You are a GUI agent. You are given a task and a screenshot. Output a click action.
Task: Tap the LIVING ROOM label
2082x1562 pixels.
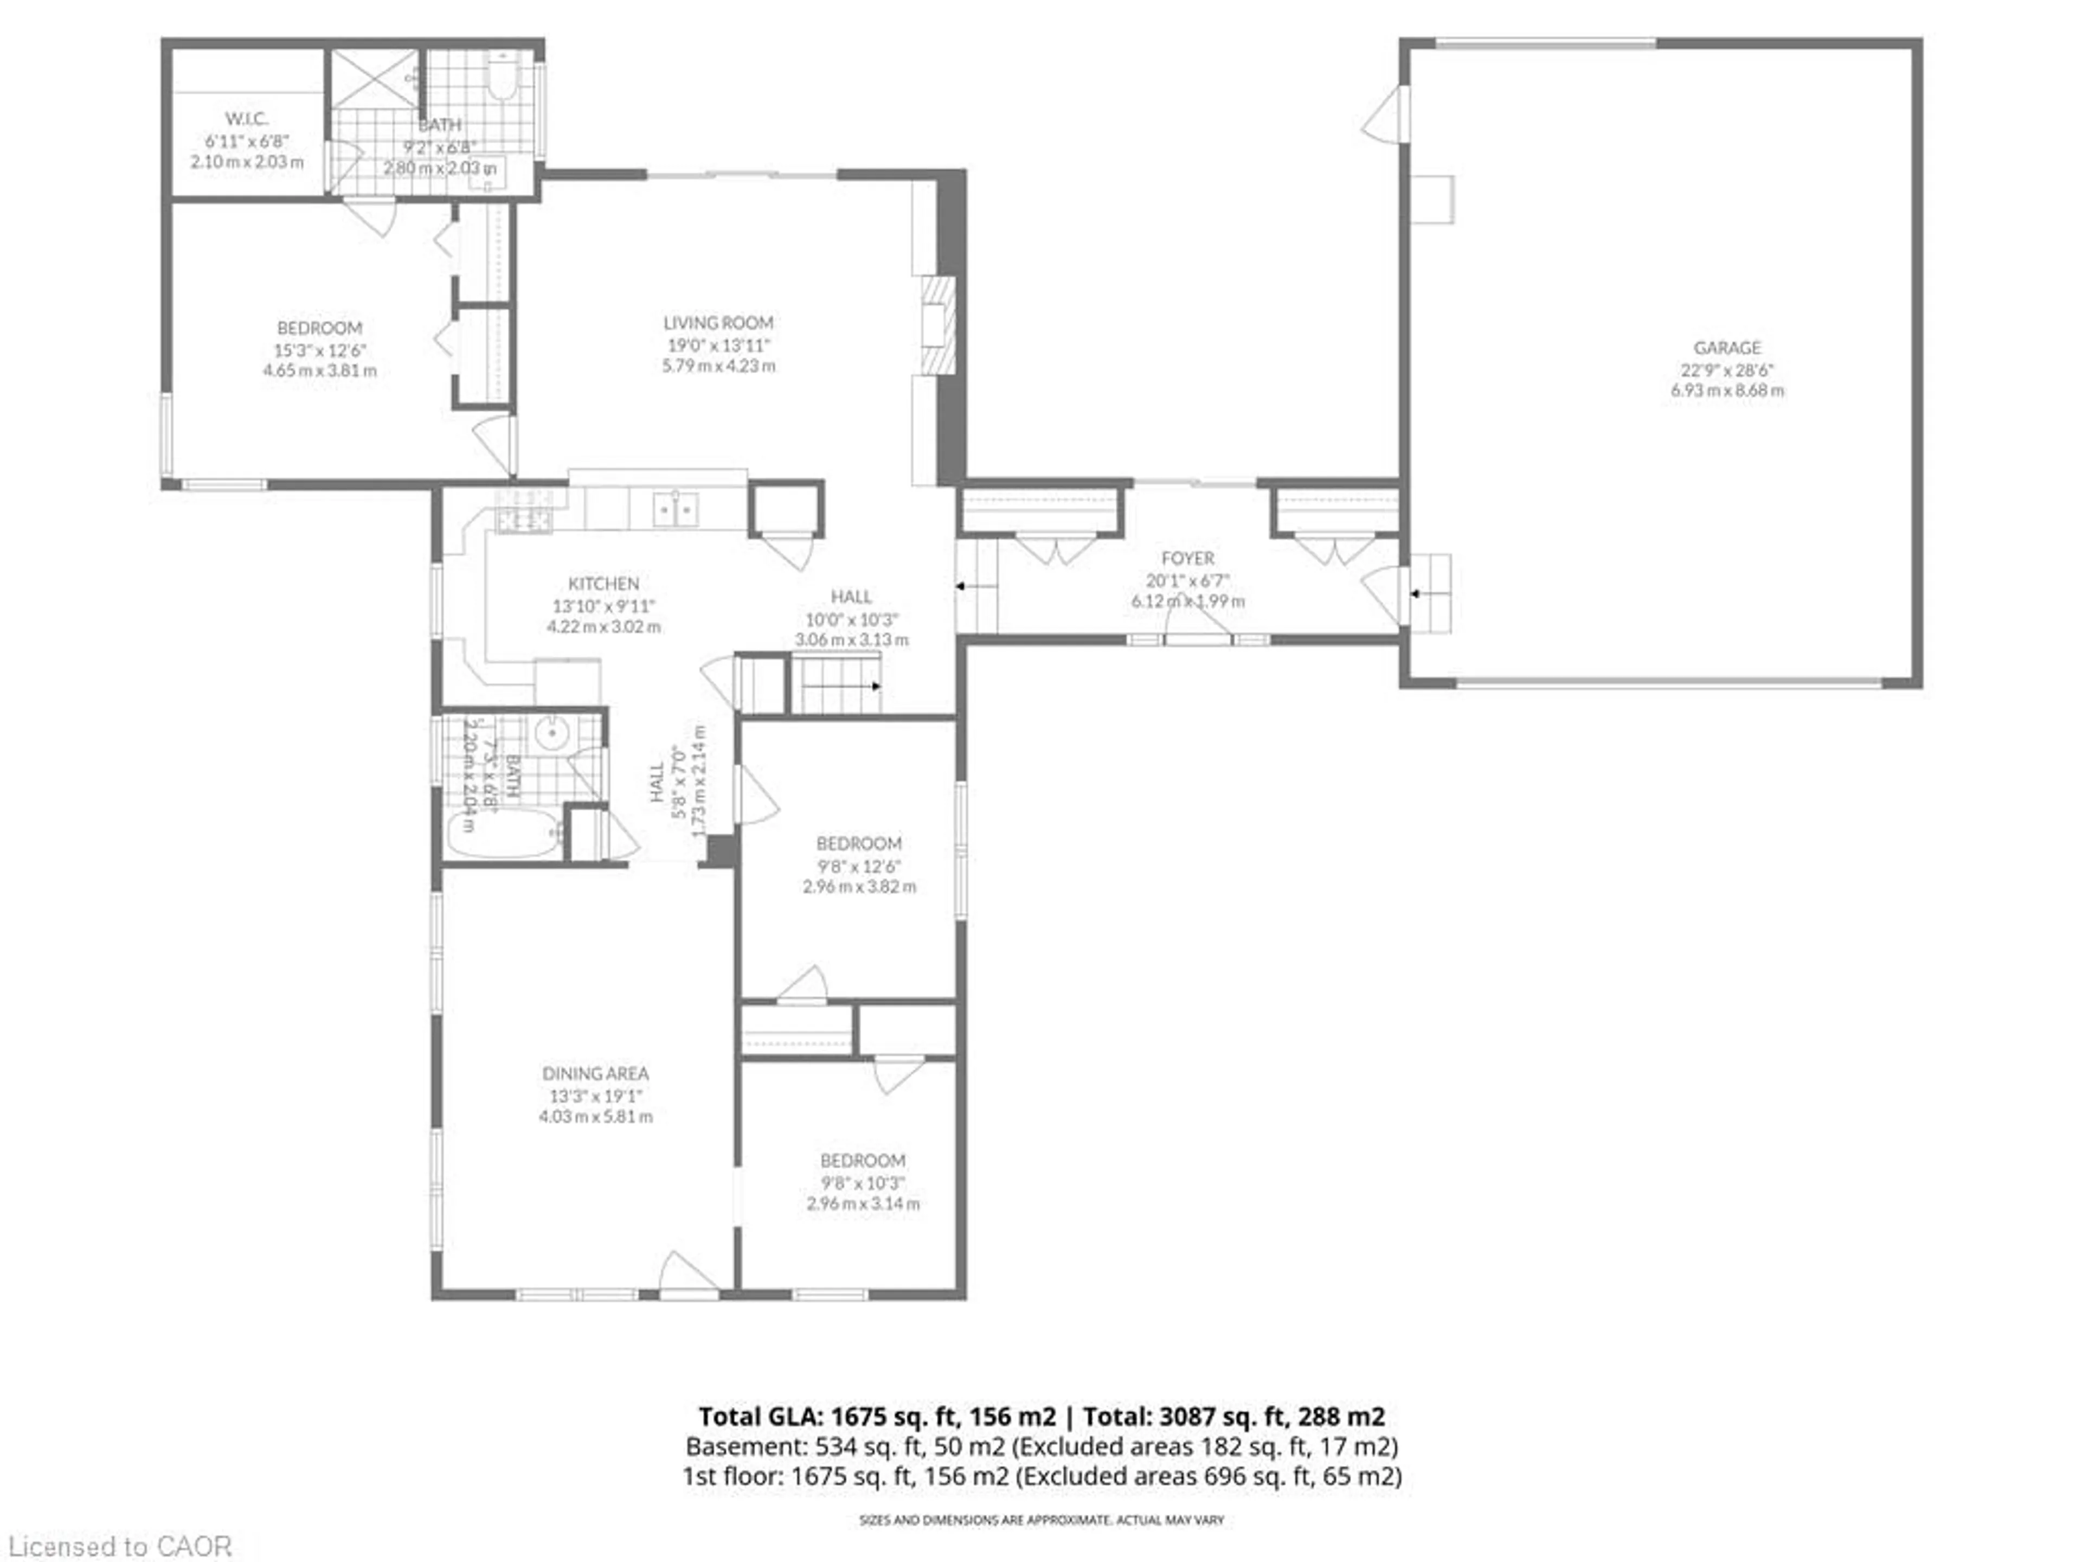718,323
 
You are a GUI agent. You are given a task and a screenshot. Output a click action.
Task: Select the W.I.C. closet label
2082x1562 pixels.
247,119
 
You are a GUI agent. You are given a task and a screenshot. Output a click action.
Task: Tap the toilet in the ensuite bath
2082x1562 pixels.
503,75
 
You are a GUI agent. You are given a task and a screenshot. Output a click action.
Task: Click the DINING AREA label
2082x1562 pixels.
595,1073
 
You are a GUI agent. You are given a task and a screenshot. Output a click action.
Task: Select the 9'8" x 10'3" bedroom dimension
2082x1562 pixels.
862,1182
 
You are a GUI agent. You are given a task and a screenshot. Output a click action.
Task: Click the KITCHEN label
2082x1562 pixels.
603,584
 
